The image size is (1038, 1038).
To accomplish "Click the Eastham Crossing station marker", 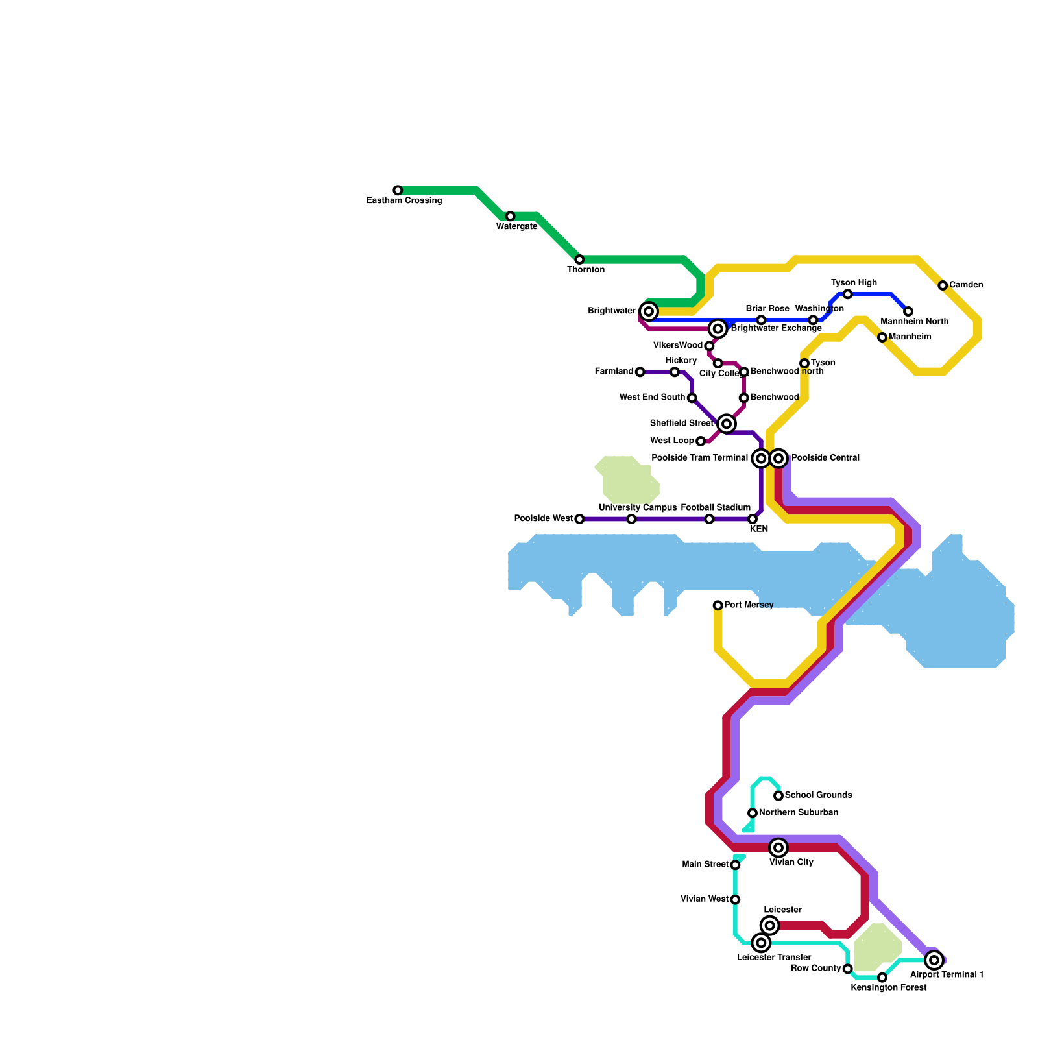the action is click(x=398, y=190).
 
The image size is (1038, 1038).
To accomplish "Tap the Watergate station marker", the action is click(x=511, y=216).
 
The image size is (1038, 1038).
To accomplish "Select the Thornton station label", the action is click(x=586, y=270).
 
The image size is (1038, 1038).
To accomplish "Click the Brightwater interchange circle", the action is click(x=649, y=311).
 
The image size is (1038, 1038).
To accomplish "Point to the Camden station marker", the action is click(x=943, y=285).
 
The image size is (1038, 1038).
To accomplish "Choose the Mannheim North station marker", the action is click(x=908, y=311).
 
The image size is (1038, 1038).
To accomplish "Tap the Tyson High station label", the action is click(x=854, y=283).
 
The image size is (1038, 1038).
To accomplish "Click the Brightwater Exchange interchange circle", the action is click(x=718, y=329).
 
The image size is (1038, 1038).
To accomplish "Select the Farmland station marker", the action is click(x=640, y=372).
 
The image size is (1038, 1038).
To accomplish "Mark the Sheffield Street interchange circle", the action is click(x=727, y=424).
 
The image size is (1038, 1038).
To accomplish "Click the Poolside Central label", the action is click(x=825, y=458).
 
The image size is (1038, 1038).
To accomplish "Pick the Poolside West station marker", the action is click(x=579, y=519).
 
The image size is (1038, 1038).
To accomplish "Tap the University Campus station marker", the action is click(x=631, y=519).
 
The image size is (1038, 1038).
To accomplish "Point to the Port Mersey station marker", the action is click(x=718, y=605).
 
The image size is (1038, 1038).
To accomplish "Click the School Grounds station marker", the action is click(x=779, y=795).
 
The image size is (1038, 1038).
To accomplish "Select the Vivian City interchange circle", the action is click(x=779, y=848).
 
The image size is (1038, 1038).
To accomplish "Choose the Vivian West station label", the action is click(x=705, y=899).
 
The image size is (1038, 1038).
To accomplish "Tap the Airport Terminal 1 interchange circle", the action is click(x=934, y=960).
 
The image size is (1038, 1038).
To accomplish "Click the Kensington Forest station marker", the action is click(x=882, y=978).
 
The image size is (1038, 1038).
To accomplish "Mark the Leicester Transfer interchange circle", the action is click(x=762, y=943).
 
